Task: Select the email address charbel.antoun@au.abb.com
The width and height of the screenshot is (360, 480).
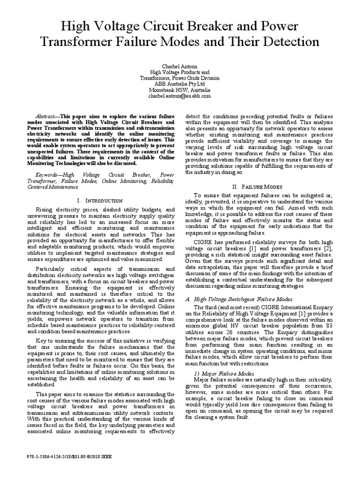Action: (180, 96)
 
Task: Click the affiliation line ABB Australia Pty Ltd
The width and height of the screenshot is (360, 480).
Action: (180, 84)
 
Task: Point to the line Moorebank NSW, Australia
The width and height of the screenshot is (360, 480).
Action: (180, 90)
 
